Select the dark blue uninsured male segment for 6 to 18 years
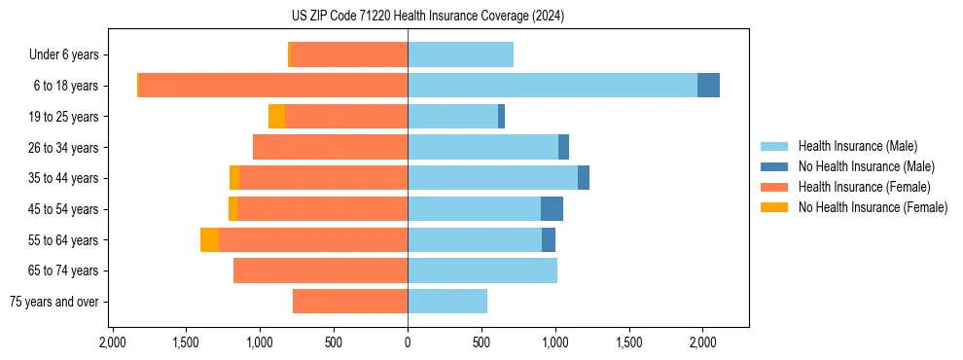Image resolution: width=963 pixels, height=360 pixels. pos(708,86)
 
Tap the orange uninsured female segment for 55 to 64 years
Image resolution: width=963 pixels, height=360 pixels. pos(209,239)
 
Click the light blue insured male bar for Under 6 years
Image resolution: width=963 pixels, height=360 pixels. pos(460,54)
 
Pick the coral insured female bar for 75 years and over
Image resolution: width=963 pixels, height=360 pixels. pos(350,302)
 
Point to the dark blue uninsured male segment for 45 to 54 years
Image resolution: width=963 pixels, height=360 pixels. pos(552,209)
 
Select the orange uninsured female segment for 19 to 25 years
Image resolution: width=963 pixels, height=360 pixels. pos(276,117)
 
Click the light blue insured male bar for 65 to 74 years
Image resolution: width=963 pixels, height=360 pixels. pos(482,270)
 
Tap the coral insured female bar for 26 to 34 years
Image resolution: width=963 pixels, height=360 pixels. pos(330,147)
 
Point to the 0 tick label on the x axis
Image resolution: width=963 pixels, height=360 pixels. pos(408,343)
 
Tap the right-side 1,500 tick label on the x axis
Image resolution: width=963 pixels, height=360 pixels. pos(629,343)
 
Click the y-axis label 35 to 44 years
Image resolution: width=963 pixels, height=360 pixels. pos(63,178)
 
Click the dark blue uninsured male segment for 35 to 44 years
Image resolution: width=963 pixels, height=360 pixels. pos(584,178)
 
